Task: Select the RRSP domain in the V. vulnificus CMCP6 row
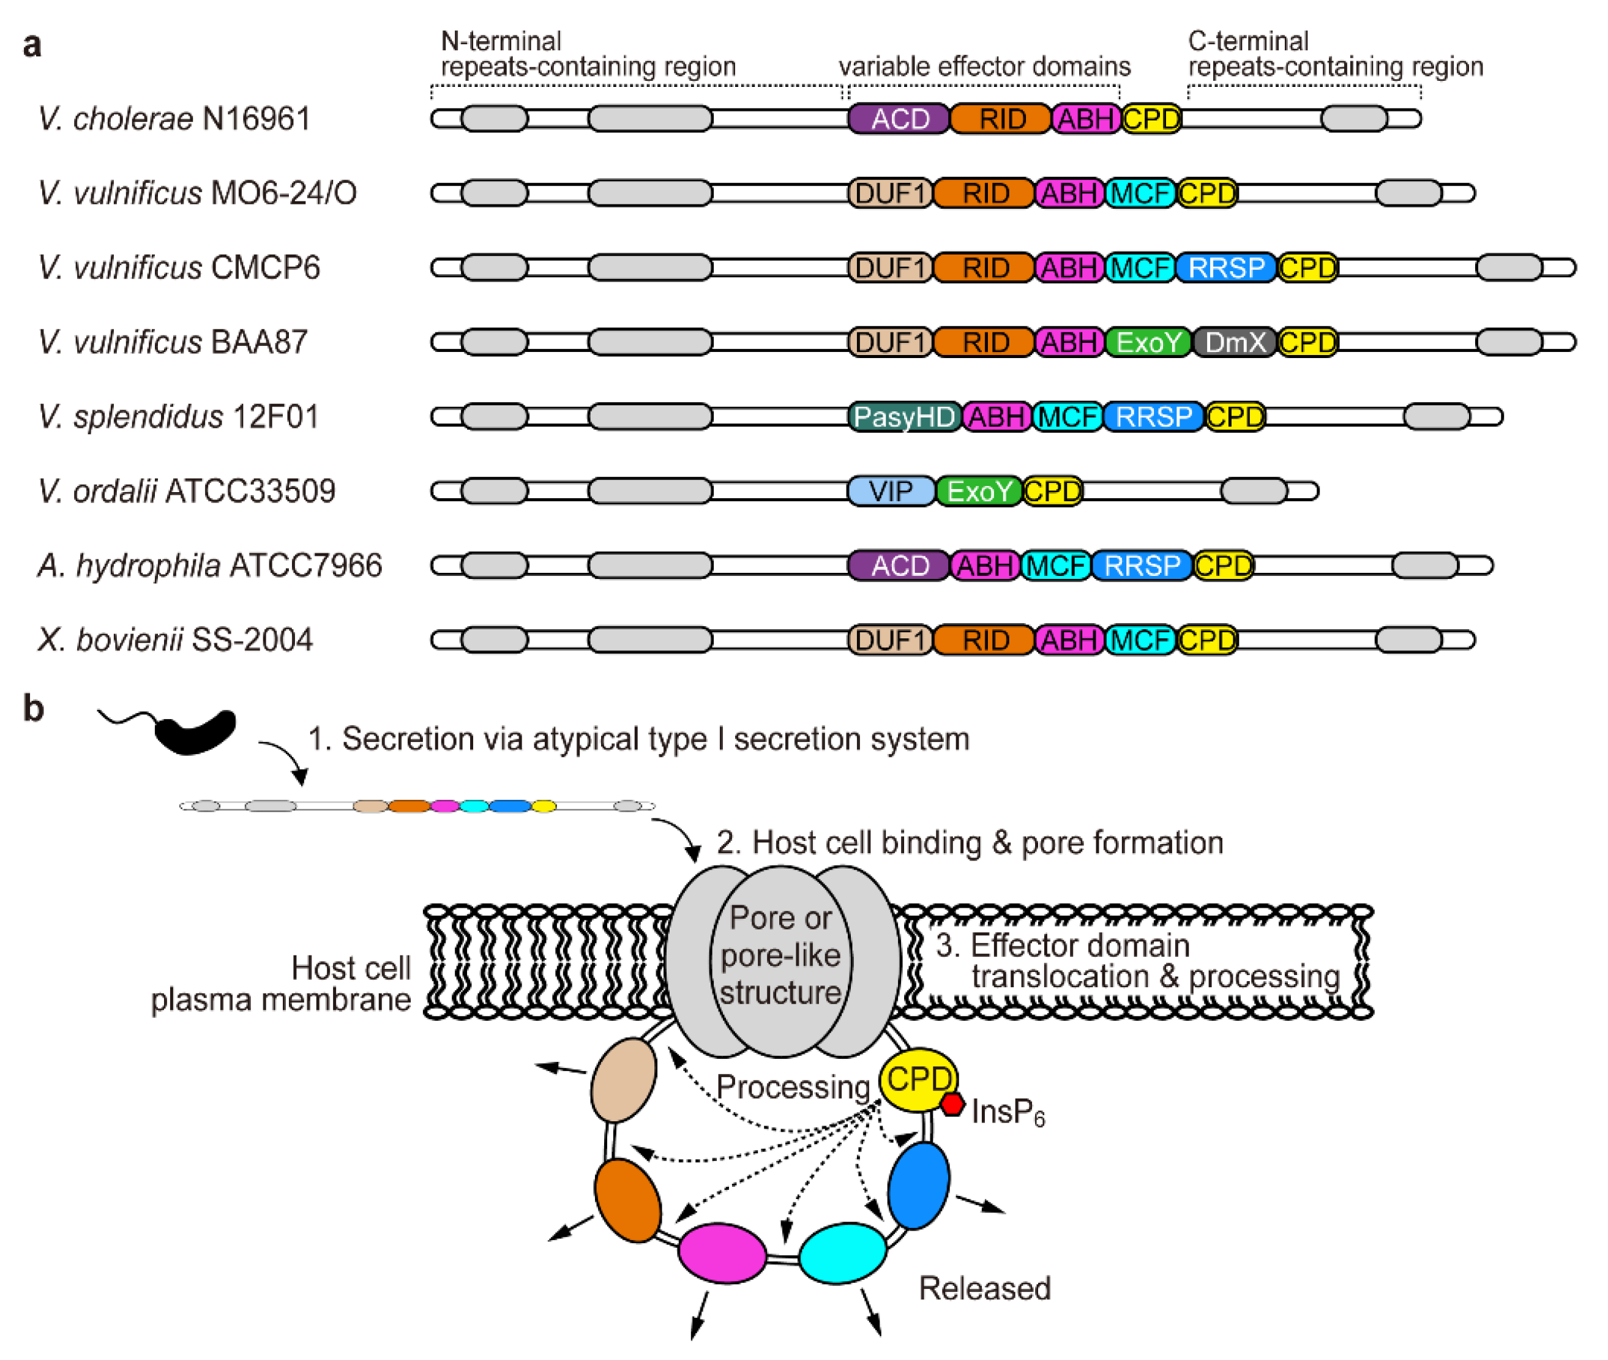point(1225,267)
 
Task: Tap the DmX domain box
point(1234,342)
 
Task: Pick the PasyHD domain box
point(904,416)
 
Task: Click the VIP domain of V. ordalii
point(891,490)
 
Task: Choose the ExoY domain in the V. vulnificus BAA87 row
point(1148,342)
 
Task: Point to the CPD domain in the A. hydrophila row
point(1224,565)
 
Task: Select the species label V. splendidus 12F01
point(178,416)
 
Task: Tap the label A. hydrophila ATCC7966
point(210,565)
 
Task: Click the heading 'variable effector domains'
point(984,66)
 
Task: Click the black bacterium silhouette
point(194,731)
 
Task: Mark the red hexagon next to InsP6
point(953,1104)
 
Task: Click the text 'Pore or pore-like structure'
point(780,954)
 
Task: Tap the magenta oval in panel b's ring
point(722,1253)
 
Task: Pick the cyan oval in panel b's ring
point(842,1253)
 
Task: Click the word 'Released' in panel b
point(984,1288)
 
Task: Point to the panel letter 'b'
point(33,708)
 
